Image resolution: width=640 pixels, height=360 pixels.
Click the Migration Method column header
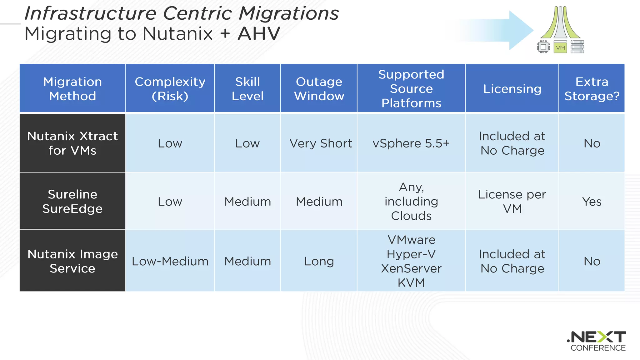coord(72,88)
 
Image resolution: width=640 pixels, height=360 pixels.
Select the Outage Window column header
coord(319,88)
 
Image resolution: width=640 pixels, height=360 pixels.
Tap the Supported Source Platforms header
coord(411,88)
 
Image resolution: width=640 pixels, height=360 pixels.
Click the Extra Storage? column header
coord(592,88)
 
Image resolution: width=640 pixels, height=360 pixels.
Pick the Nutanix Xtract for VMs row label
coord(72,143)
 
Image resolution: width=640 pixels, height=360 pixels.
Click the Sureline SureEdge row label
coord(72,201)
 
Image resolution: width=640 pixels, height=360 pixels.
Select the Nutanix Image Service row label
coord(72,261)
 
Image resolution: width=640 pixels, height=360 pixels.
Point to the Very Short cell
coord(321,143)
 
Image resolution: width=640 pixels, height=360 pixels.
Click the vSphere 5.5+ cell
coord(411,143)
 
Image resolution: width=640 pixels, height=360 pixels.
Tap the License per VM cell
coord(512,201)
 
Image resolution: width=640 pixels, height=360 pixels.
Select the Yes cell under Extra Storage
coord(592,202)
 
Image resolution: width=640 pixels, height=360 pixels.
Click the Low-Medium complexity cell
coord(170,261)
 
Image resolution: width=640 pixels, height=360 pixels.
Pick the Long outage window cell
coord(319,261)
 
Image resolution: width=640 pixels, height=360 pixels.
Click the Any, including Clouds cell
coord(411,201)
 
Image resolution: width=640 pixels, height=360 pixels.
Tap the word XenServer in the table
coord(411,268)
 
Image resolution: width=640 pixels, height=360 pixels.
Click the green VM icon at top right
coord(560,47)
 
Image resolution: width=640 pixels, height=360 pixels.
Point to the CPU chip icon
coord(543,47)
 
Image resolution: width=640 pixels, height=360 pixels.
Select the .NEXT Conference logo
coord(597,341)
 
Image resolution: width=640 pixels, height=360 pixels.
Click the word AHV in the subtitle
coord(259,34)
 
